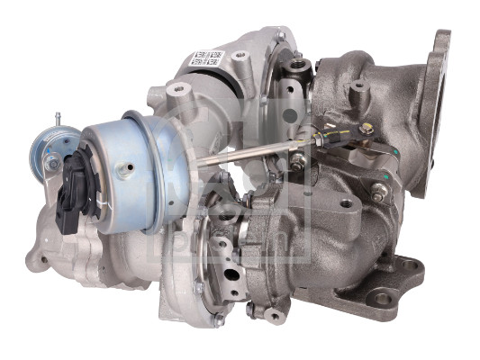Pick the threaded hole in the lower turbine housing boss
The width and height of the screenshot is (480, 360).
coord(346,203)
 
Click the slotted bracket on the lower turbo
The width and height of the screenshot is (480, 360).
coord(228,270)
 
